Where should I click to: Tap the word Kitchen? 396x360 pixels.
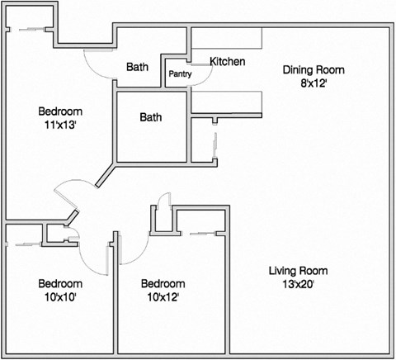tap(226, 62)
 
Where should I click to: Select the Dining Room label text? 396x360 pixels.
tap(313, 70)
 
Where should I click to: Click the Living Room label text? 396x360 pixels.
tap(299, 271)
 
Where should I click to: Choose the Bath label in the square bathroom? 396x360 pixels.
tap(151, 117)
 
